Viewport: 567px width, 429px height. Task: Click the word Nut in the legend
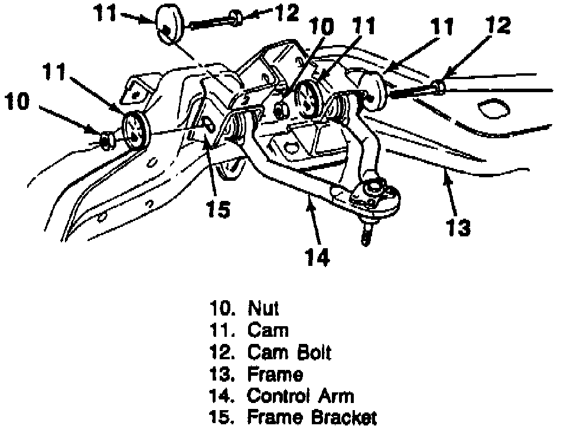coord(263,308)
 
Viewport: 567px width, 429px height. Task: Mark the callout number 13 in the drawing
coord(458,227)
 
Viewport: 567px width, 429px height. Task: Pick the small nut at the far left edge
coord(106,139)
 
